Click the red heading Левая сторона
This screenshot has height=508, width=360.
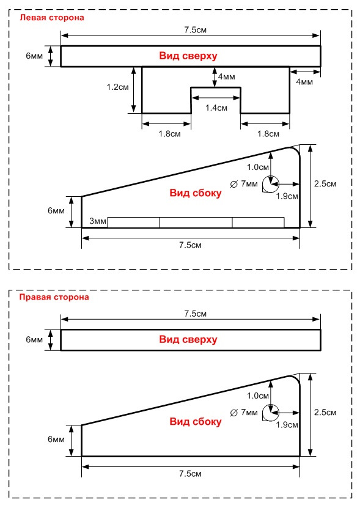pos(52,18)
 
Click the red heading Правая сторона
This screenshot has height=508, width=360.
pos(54,297)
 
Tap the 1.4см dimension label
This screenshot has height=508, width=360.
pos(216,108)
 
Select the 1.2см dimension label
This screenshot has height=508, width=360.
pos(117,87)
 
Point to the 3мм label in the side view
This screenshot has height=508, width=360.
pos(98,221)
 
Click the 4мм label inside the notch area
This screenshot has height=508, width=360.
pos(227,77)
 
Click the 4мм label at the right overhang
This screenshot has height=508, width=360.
pos(304,82)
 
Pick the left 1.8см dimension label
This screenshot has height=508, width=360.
pos(169,134)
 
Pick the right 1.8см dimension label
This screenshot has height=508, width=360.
pos(268,134)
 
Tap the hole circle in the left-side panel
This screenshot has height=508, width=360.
pos(271,176)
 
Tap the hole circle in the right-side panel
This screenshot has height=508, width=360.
pos(271,404)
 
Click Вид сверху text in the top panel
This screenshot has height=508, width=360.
pos(188,56)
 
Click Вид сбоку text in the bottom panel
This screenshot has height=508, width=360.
pos(196,421)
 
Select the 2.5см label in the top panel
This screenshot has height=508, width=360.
pos(325,184)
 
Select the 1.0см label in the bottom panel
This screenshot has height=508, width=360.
pos(258,396)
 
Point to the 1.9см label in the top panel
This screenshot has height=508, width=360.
pos(287,196)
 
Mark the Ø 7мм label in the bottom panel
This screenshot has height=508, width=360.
pos(244,413)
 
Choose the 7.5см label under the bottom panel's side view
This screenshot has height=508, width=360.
pos(190,474)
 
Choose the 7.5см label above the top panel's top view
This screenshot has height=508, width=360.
pos(196,30)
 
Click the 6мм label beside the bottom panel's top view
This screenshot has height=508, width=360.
pos(34,340)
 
